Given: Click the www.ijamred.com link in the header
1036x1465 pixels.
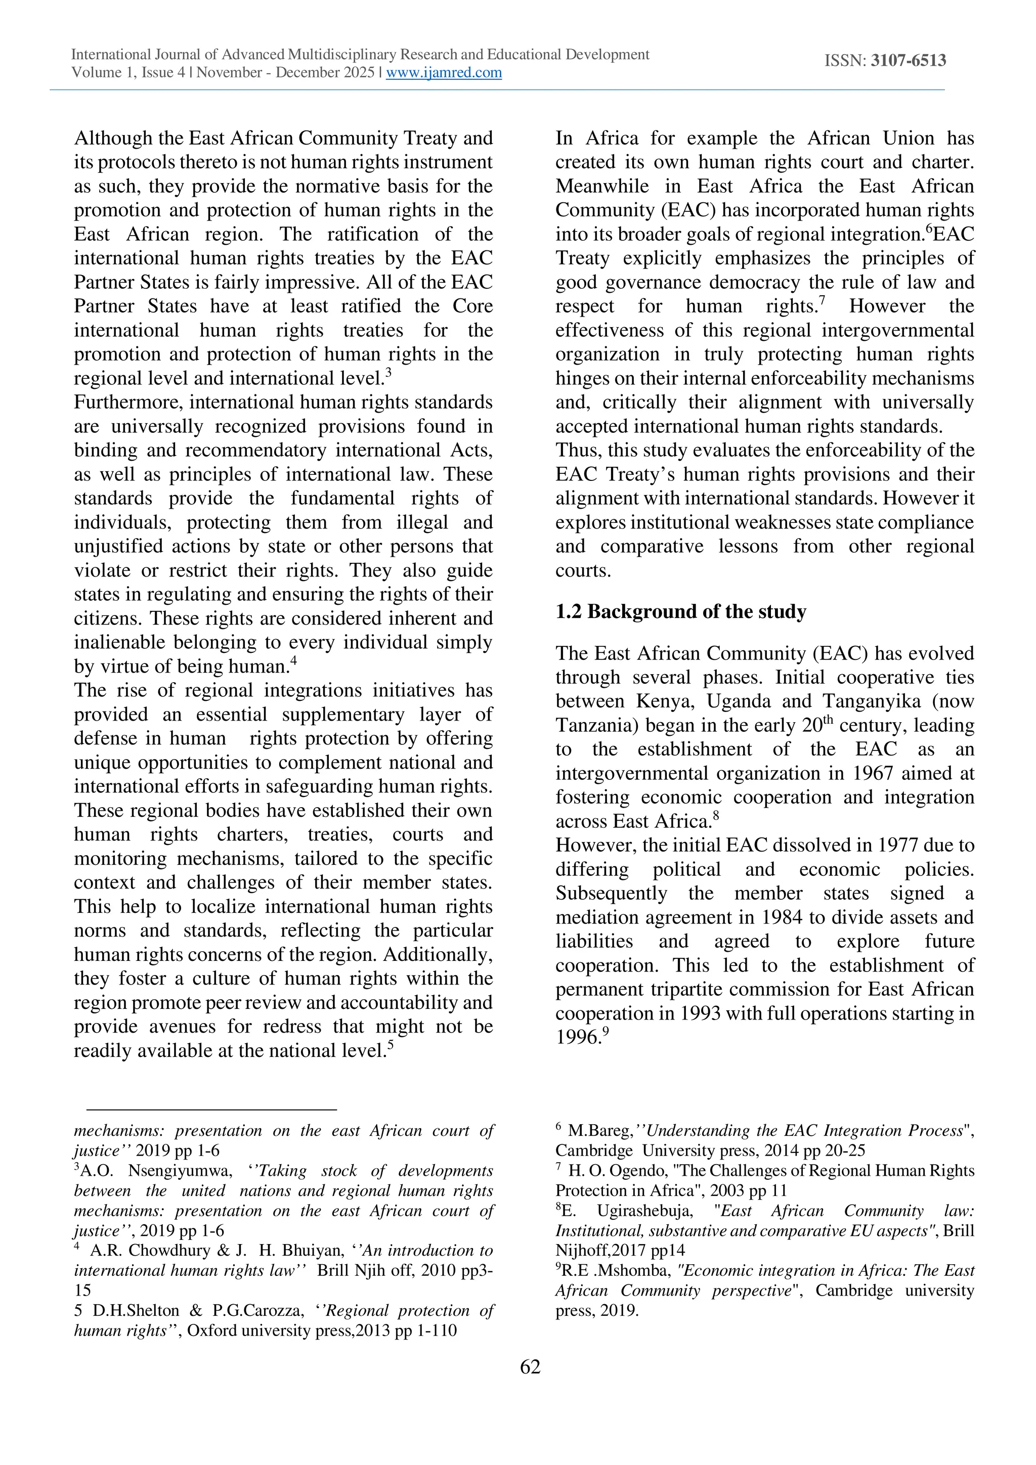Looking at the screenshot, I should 444,73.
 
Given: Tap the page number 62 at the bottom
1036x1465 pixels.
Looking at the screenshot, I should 530,1367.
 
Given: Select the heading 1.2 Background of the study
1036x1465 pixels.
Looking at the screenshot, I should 680,611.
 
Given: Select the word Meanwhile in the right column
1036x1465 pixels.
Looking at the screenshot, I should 601,186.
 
